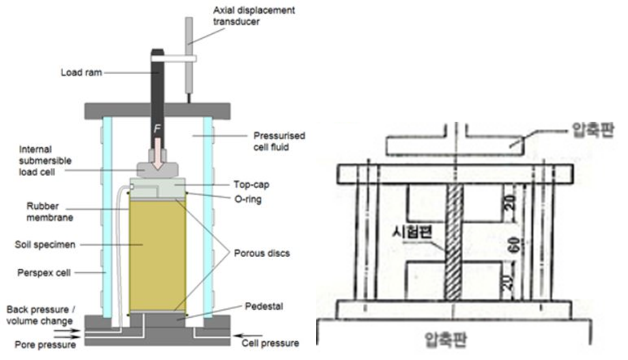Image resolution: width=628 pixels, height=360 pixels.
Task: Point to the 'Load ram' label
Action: point(82,72)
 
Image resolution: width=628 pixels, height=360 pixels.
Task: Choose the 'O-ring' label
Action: point(248,199)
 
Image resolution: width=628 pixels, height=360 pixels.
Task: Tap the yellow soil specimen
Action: point(158,254)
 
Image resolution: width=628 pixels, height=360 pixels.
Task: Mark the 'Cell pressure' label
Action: point(270,343)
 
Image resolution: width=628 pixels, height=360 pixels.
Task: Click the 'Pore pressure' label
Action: point(45,344)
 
